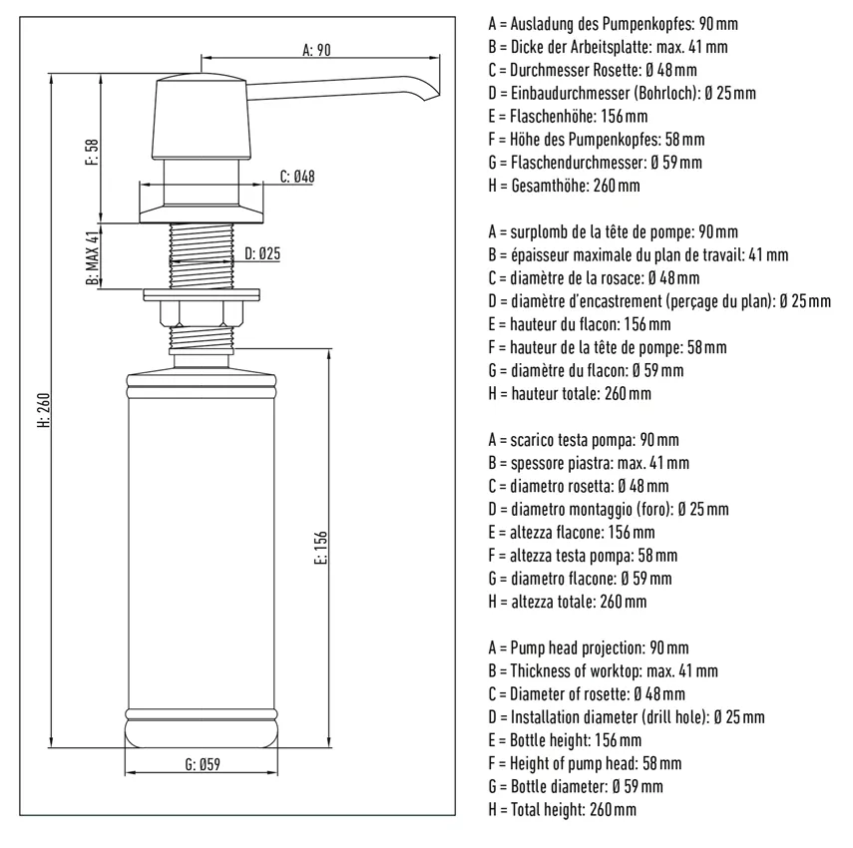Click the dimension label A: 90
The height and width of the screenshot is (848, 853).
[315, 49]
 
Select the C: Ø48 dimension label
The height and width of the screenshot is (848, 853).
[297, 177]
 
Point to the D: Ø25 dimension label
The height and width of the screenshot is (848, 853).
[261, 253]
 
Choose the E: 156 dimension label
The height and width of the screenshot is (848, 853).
[320, 548]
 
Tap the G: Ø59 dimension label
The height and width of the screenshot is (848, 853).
[202, 765]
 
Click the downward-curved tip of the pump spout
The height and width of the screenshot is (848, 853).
[433, 95]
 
